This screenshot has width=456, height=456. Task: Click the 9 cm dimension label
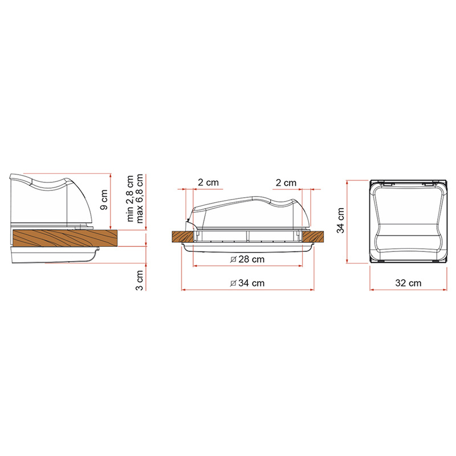pos(104,199)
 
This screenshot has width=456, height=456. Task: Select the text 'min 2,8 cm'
pos(130,198)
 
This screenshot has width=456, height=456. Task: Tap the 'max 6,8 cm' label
pos(140,198)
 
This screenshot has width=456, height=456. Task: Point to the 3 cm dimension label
pos(140,280)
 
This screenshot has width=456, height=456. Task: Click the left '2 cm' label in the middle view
pos(208,182)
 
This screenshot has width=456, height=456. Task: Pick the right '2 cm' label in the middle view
pos(286,183)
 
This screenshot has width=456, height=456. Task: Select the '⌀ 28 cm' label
pos(247,259)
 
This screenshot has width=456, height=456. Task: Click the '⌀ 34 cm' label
pos(247,283)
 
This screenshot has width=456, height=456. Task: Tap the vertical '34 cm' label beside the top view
pos(340,221)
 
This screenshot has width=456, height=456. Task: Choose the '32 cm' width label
pos(408,283)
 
